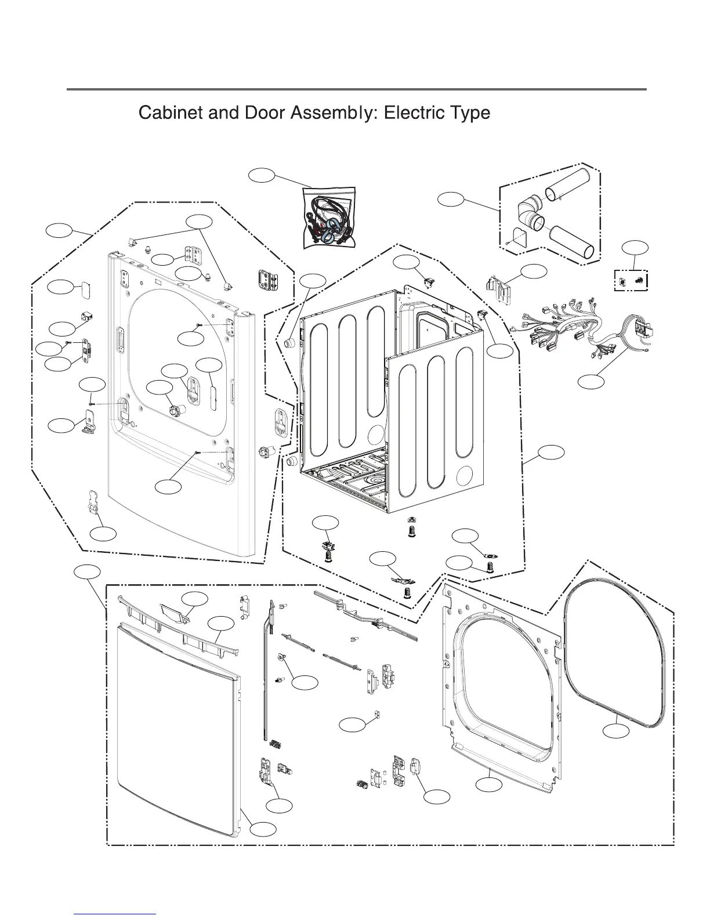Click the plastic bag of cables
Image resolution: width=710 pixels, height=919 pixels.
(x=327, y=218)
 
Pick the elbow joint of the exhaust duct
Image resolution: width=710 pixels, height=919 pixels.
(x=529, y=213)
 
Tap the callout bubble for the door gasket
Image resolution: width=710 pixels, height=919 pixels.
(x=615, y=731)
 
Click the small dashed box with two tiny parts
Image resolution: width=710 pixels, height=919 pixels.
(x=631, y=281)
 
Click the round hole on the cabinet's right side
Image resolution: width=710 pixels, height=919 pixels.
(x=463, y=477)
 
